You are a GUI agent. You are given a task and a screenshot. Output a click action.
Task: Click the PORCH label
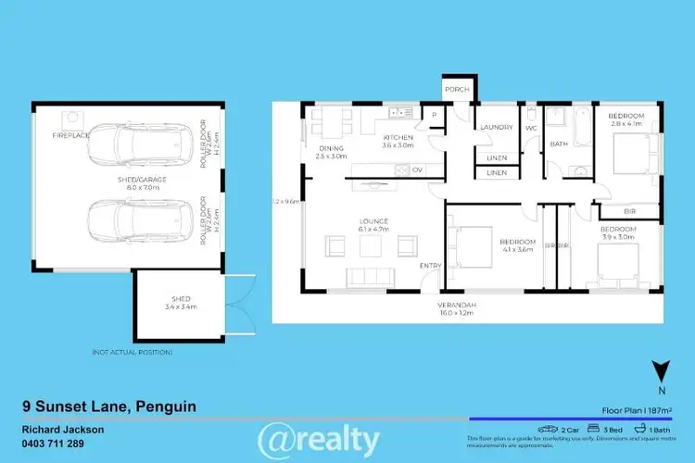pyautogui.click(x=456, y=90)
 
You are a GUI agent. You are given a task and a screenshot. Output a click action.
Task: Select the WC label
pyautogui.click(x=532, y=128)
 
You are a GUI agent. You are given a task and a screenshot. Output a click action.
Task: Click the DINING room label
pyautogui.click(x=331, y=148)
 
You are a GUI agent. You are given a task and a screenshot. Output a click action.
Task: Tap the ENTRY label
pyautogui.click(x=431, y=265)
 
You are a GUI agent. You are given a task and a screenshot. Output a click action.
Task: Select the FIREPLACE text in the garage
pyautogui.click(x=70, y=135)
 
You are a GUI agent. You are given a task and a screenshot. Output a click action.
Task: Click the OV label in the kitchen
pyautogui.click(x=417, y=169)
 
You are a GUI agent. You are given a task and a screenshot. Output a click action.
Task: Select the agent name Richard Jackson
pyautogui.click(x=62, y=430)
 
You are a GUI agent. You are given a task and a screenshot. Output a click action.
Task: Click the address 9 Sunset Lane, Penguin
pyautogui.click(x=108, y=407)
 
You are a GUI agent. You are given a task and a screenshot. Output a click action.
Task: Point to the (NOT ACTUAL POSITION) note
pyautogui.click(x=133, y=352)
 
